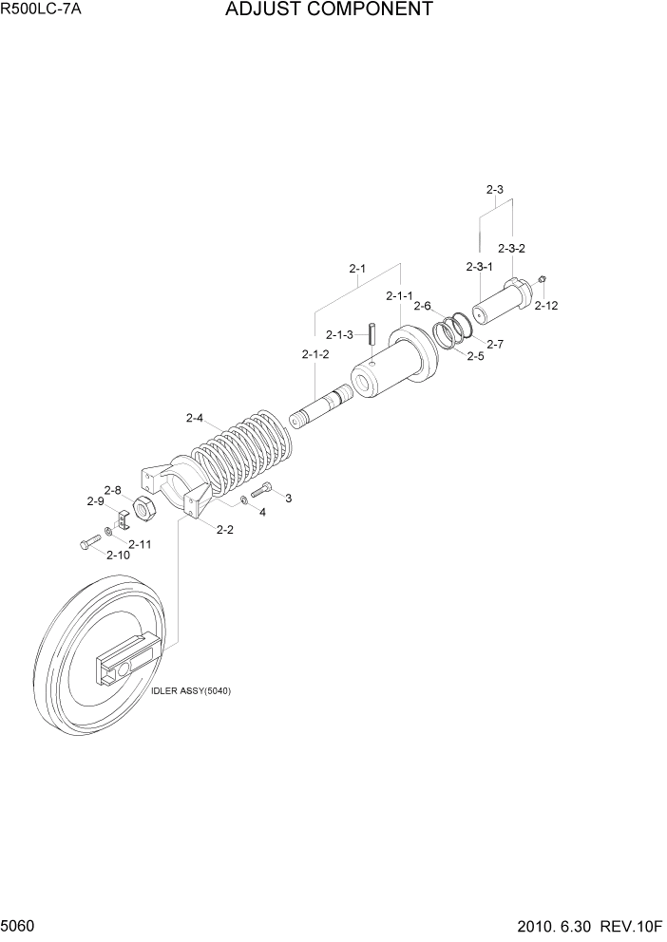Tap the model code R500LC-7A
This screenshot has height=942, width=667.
[x=42, y=10]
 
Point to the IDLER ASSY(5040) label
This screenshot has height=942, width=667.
[x=191, y=690]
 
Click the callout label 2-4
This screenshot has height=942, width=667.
[x=196, y=418]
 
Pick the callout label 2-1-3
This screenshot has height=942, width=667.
[x=339, y=334]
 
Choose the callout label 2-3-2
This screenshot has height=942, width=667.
[x=511, y=248]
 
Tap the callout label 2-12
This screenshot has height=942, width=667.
[x=545, y=306]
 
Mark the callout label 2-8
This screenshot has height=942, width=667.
[x=112, y=490]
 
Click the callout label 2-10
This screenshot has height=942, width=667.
[x=118, y=555]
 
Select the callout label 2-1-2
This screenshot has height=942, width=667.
[x=315, y=354]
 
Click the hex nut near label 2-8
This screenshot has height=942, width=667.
[x=145, y=510]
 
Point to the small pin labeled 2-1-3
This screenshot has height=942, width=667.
[x=374, y=335]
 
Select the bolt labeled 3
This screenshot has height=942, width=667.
[x=261, y=493]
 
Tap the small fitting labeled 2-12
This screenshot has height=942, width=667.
[x=541, y=279]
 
